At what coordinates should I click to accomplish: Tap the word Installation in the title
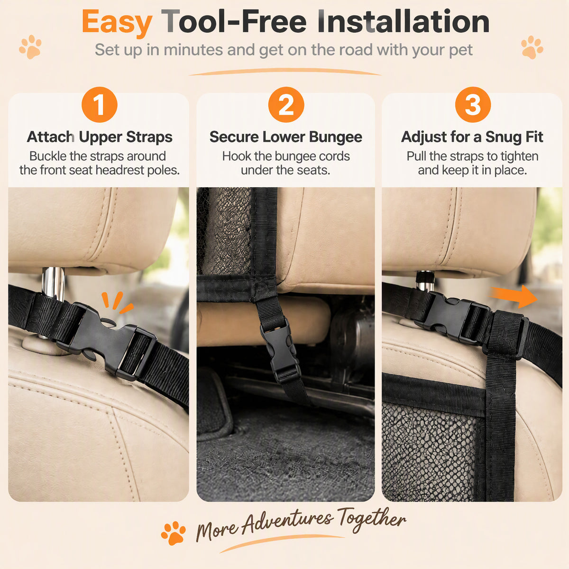404,21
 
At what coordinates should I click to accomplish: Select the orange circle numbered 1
100,104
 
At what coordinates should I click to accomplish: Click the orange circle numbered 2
286,104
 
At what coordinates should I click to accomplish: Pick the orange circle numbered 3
473,104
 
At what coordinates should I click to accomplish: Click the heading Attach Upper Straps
100,137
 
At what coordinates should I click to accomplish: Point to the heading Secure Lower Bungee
286,137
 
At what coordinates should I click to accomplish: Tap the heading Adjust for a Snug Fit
472,137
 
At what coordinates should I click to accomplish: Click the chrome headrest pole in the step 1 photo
53,284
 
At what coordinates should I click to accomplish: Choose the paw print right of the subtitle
532,47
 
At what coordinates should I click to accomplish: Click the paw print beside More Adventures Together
174,533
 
